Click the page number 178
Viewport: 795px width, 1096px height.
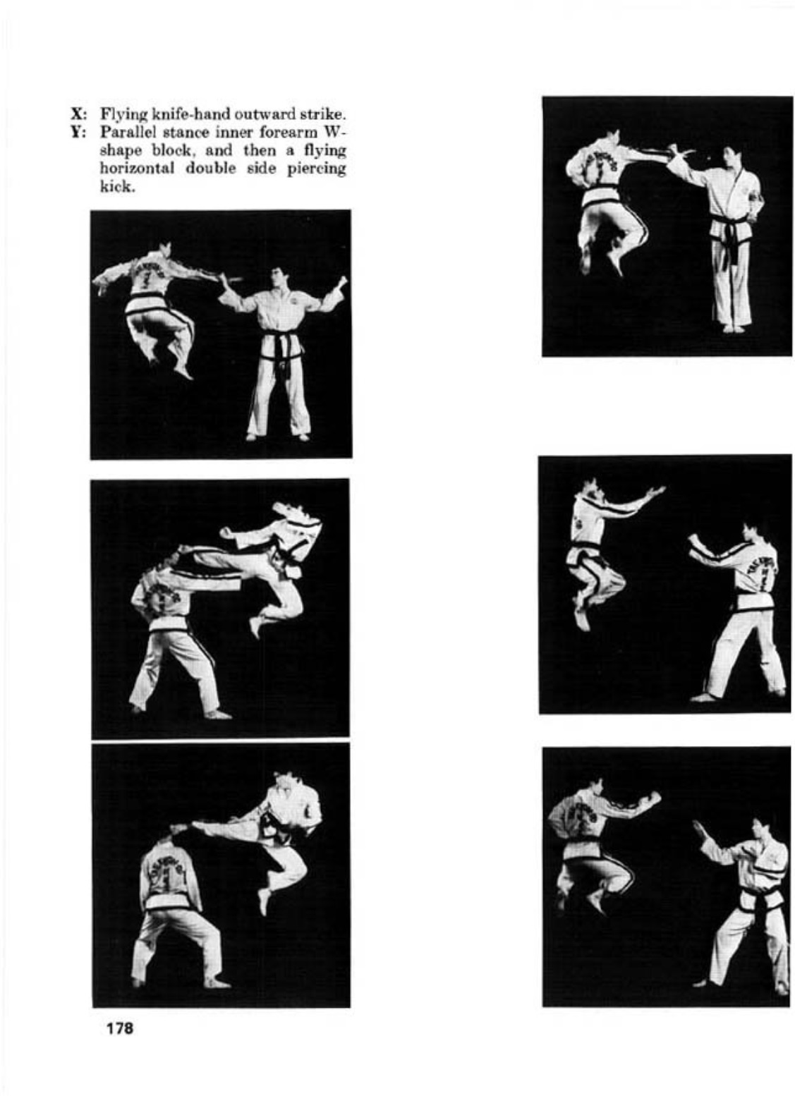pyautogui.click(x=119, y=1028)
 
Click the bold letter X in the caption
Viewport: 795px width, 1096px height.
pyautogui.click(x=76, y=113)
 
